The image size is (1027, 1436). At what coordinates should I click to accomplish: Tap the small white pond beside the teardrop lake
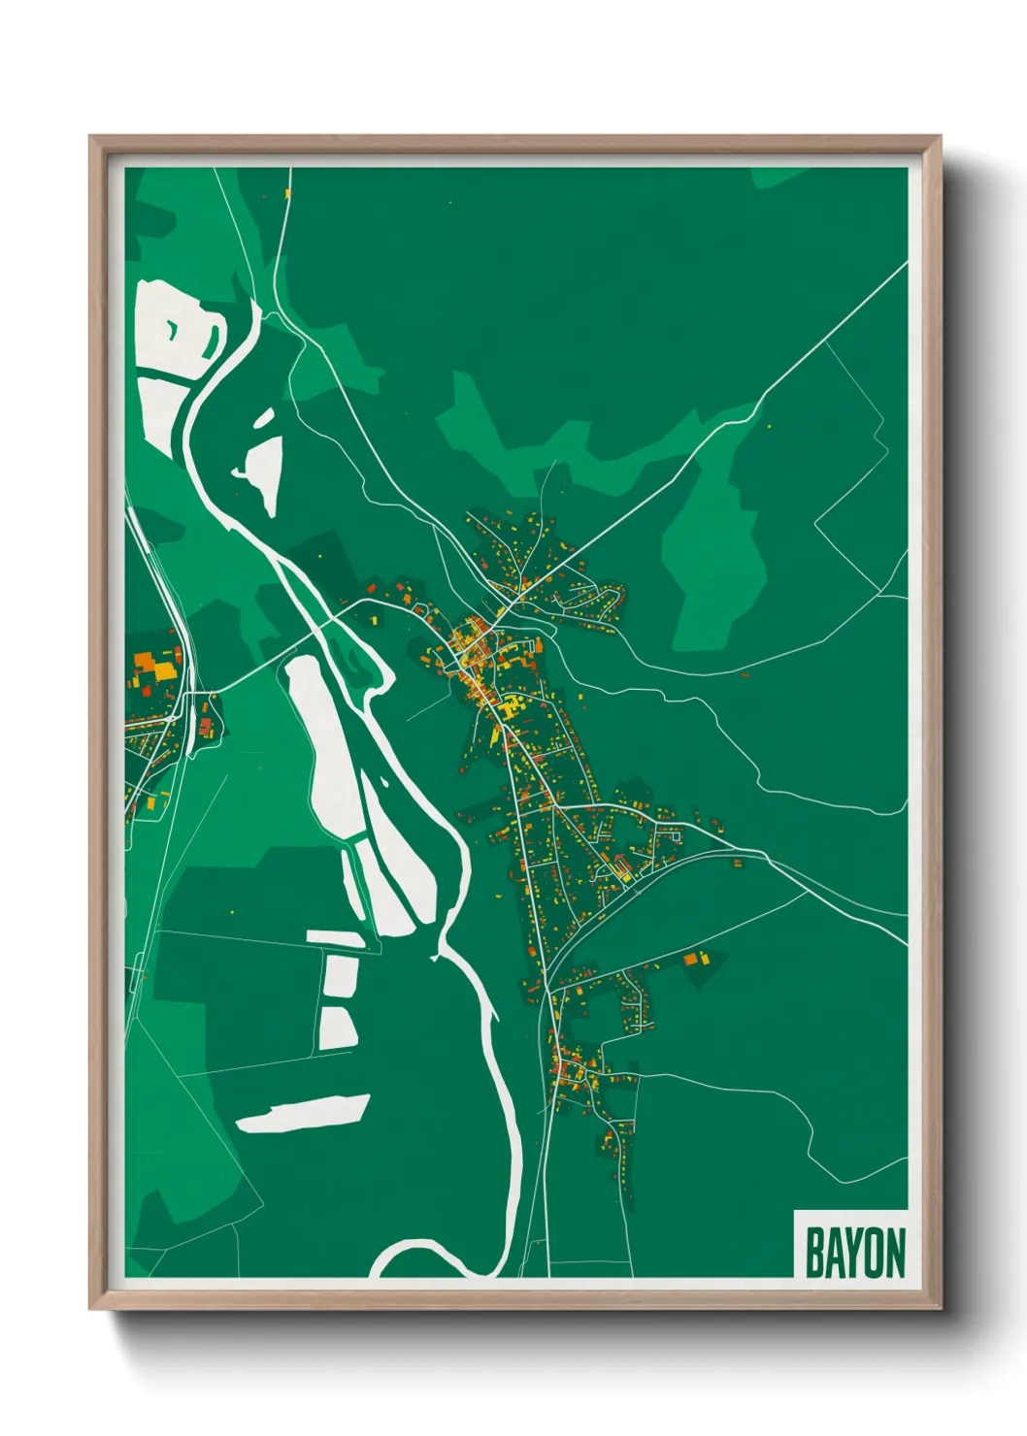pyautogui.click(x=263, y=418)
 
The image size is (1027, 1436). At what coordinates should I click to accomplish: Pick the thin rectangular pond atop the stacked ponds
pyautogui.click(x=336, y=938)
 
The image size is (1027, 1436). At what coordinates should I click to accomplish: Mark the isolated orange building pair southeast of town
pyautogui.click(x=696, y=959)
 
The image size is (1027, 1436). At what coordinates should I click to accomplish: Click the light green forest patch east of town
pyautogui.click(x=713, y=553)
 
